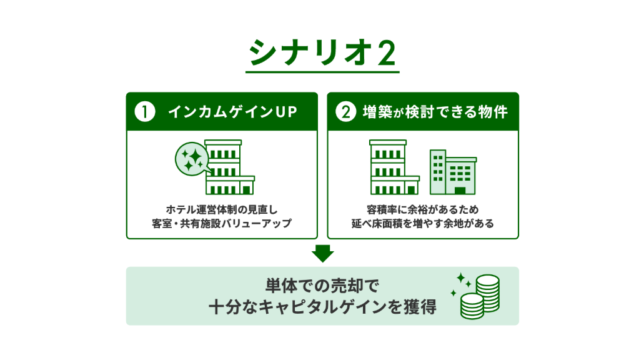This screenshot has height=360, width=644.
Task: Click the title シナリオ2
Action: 322,52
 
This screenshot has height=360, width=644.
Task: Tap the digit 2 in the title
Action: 387,53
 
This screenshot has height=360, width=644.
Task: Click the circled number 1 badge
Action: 144,112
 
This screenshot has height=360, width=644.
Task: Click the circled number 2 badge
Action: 346,112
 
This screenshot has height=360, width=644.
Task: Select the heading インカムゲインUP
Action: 232,112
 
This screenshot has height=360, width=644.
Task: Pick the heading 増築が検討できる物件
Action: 435,112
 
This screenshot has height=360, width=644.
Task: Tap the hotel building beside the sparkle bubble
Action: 230,167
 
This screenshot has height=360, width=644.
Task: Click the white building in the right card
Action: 394,167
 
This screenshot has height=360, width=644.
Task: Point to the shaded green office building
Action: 453,172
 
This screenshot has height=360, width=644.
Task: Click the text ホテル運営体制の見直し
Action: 222,209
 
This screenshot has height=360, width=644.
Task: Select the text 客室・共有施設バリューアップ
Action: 222,224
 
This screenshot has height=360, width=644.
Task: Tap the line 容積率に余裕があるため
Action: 423,209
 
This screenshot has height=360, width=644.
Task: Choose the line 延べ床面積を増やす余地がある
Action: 423,224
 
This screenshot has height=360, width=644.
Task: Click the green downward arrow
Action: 323,254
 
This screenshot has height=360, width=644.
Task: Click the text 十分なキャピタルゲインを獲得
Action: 322,307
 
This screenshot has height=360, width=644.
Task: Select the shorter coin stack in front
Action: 472,307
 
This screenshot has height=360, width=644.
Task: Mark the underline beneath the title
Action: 322,72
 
